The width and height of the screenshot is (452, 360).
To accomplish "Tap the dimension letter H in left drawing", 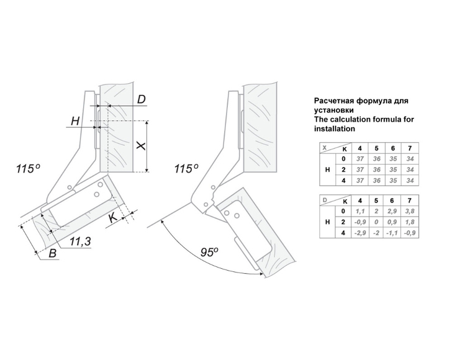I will tap(75, 122).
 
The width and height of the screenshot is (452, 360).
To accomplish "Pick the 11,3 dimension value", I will tap(81, 241).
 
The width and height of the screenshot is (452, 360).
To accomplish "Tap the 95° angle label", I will tap(209, 252).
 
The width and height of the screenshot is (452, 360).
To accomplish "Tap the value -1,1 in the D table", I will tap(392, 232).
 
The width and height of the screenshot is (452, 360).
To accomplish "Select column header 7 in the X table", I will tap(408, 147).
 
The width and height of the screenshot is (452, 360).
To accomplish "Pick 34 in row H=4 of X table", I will tap(408, 180).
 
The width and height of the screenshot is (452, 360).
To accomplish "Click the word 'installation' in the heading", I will tap(335, 129).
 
